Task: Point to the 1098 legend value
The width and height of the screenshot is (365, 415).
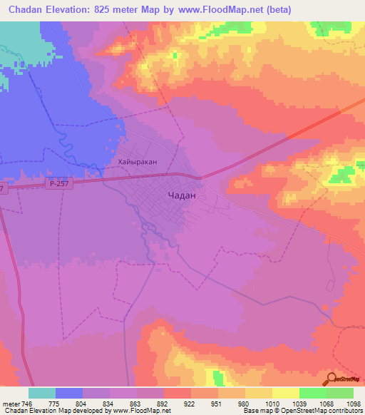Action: [x=354, y=404]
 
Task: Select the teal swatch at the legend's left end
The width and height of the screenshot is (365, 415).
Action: [x=42, y=393]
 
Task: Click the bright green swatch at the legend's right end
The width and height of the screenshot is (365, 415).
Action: [x=340, y=393]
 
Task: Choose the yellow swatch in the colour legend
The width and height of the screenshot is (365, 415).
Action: [x=286, y=393]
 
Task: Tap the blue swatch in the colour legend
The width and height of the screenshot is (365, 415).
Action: [x=69, y=393]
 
